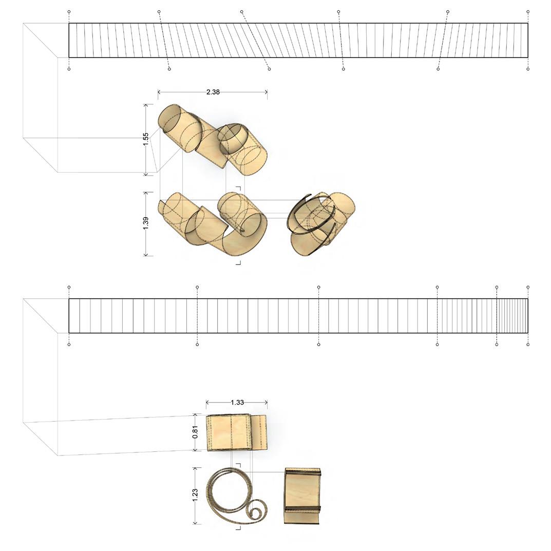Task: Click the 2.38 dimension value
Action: [213, 92]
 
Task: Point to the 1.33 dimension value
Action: [238, 403]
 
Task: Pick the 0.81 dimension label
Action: [196, 432]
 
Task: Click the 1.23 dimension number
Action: [196, 493]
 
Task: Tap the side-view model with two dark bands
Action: [302, 496]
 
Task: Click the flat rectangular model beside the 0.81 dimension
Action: [237, 432]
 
